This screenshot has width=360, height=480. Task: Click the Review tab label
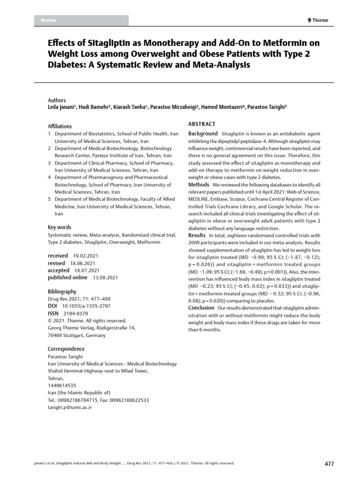(49, 20)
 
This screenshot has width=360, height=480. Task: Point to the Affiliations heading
(60, 127)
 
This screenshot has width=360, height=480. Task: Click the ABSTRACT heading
(202, 124)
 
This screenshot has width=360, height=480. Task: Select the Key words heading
(59, 227)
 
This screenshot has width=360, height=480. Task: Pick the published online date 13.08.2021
(105, 277)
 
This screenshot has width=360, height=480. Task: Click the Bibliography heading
(62, 292)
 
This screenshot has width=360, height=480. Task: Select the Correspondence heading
(66, 349)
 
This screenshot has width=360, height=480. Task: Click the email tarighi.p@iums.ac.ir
(70, 408)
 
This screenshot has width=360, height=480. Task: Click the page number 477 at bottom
(329, 464)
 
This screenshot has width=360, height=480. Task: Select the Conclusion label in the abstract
(201, 307)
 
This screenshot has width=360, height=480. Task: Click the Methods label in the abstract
(198, 184)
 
